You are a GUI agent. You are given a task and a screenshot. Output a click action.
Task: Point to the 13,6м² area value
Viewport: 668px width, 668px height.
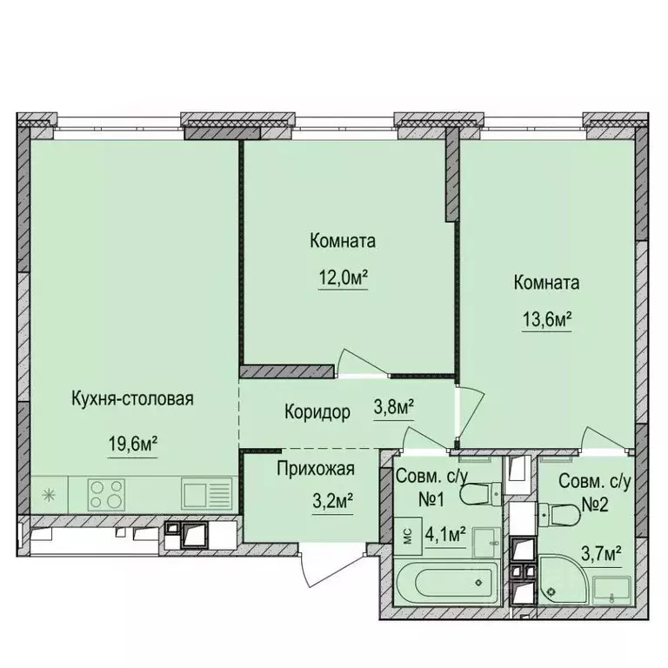click(545, 319)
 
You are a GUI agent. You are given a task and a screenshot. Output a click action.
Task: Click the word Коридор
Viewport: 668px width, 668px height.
click(317, 412)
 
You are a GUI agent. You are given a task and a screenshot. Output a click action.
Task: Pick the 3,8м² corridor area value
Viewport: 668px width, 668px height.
click(393, 406)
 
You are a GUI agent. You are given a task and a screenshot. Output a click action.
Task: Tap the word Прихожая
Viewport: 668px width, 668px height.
click(316, 470)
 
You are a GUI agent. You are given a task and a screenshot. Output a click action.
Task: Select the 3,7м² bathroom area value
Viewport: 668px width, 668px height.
click(602, 551)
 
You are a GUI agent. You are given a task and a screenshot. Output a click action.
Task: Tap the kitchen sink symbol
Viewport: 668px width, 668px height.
click(207, 496)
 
